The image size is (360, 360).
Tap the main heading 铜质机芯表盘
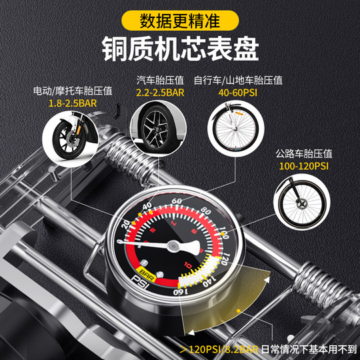180,49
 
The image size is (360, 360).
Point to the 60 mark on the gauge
177,201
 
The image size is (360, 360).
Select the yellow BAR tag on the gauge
143,271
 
